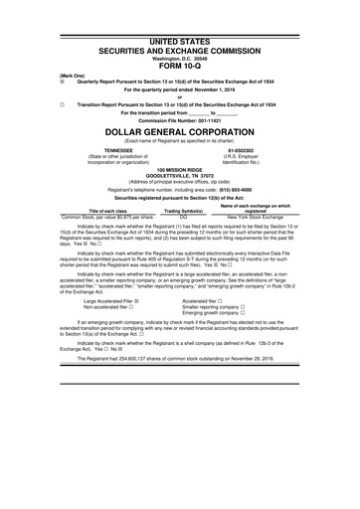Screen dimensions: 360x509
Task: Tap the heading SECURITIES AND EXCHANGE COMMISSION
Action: tap(179, 21)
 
